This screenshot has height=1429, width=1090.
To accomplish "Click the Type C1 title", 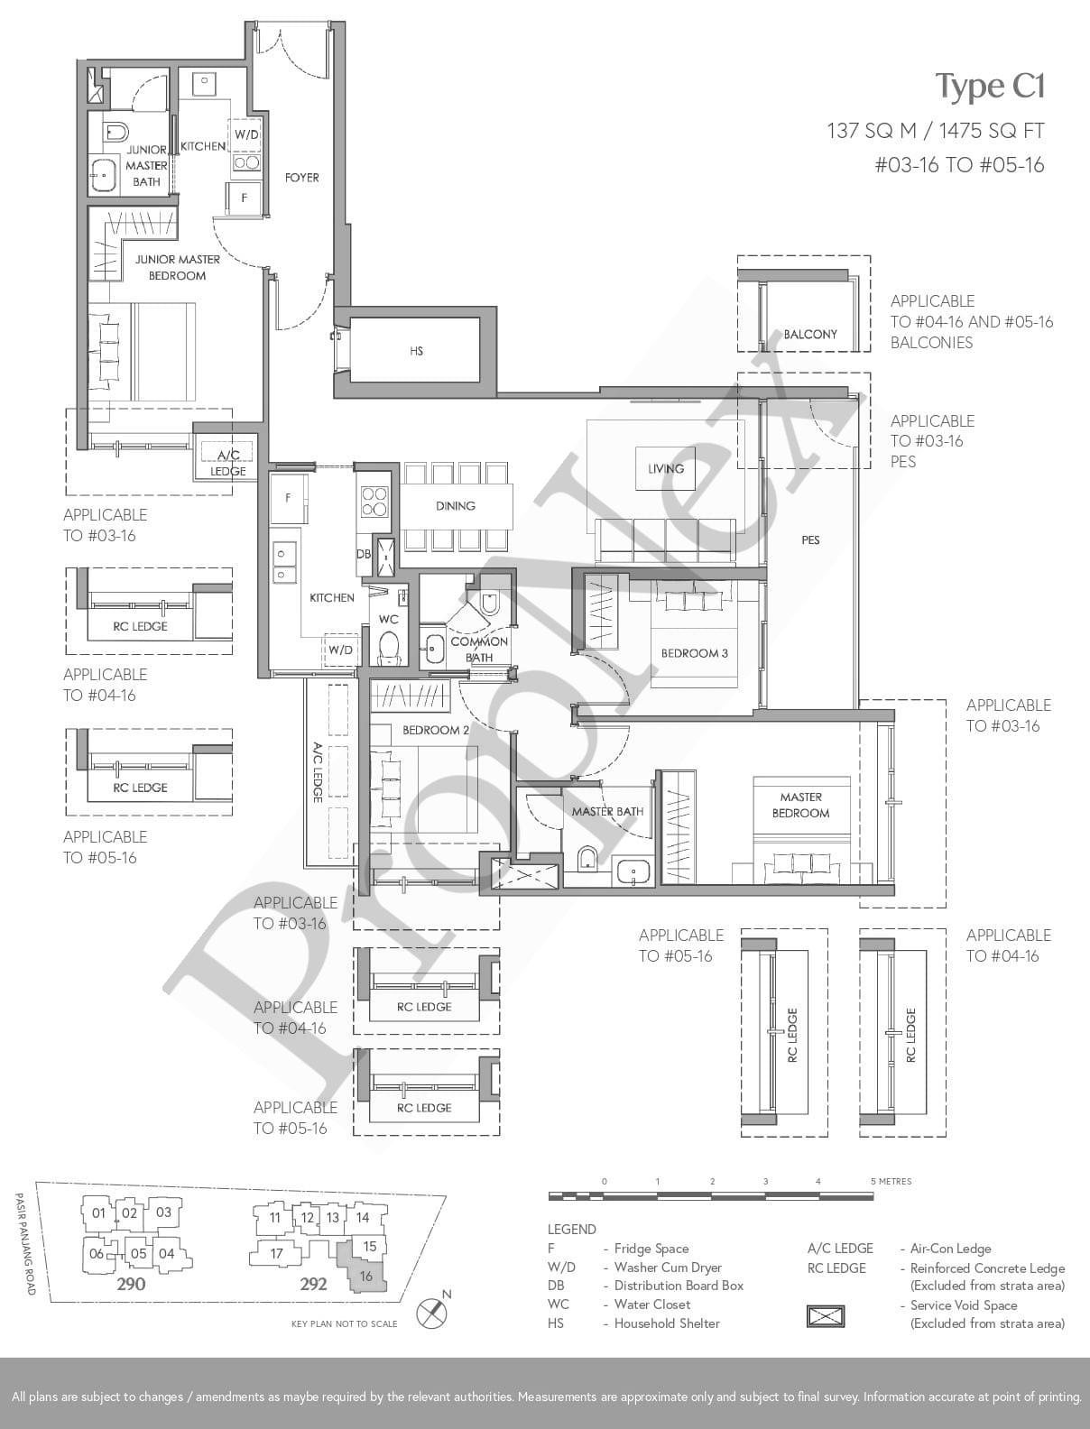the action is pos(990,88).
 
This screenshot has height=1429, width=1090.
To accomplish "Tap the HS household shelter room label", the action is pos(417,351).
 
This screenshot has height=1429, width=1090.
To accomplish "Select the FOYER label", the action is pos(302,177).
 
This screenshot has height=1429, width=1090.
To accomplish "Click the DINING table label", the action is pos(455,505).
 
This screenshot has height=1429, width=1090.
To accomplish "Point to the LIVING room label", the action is pos(666,468).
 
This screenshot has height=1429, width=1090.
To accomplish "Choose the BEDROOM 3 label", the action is pos(694,653).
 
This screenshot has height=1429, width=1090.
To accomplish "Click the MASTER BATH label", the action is pos(607,811).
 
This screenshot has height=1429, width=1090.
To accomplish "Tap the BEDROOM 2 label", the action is pos(436,730).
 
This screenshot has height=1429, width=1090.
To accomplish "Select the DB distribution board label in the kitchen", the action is pos(364,554).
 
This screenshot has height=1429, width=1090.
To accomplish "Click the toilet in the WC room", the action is pos(390,648).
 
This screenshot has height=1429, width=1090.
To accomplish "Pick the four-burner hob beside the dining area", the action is pos(374,502).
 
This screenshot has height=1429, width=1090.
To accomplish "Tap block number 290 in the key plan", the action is pos(131,1284).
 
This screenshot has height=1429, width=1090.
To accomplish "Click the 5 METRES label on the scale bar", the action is pos(891,1181).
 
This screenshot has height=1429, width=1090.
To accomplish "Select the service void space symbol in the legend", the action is pos(825,1315).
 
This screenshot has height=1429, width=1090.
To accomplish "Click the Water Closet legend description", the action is pos(652,1304).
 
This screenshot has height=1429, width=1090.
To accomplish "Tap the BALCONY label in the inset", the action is pos(810,334).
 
